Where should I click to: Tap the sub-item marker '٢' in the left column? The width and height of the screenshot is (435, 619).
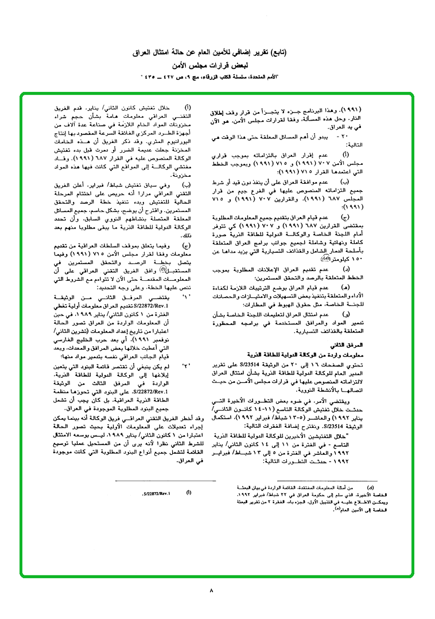[x=185, y=365]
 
